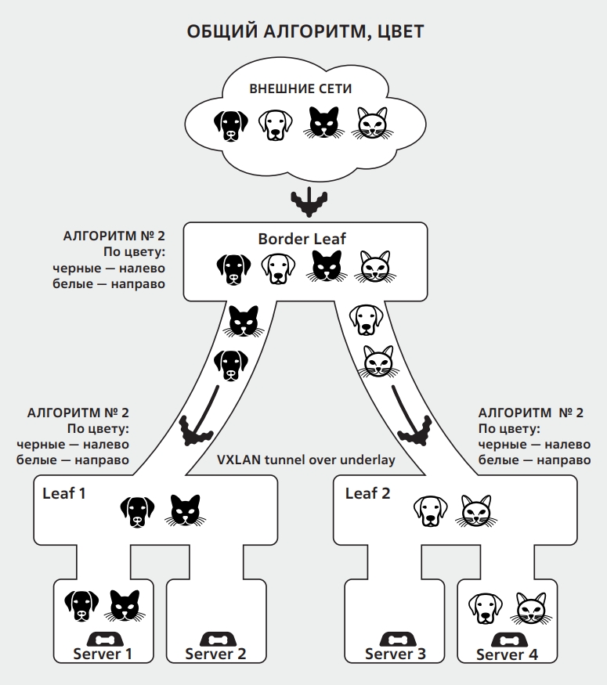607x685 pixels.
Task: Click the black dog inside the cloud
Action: [x=231, y=125]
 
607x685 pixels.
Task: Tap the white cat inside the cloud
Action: [x=372, y=123]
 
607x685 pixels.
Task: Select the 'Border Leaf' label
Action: [x=302, y=239]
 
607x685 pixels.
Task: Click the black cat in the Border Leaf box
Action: [x=327, y=266]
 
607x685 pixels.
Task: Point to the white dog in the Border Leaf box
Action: [x=278, y=269]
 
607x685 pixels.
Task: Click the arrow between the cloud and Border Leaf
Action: [x=309, y=202]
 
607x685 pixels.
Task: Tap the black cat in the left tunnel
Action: [x=244, y=321]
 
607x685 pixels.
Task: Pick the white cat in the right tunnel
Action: [x=379, y=362]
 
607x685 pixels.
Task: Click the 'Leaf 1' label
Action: [x=63, y=493]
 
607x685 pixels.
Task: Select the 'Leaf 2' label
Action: [x=367, y=493]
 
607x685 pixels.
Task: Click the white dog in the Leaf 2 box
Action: [x=431, y=510]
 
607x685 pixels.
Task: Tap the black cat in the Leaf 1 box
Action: [x=186, y=510]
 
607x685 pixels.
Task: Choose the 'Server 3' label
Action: [x=395, y=654]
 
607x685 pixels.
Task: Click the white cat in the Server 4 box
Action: [x=531, y=608]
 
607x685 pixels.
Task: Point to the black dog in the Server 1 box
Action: [x=81, y=606]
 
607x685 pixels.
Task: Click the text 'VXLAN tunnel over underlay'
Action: [x=306, y=460]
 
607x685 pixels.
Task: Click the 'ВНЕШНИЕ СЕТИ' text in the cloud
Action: [x=300, y=88]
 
